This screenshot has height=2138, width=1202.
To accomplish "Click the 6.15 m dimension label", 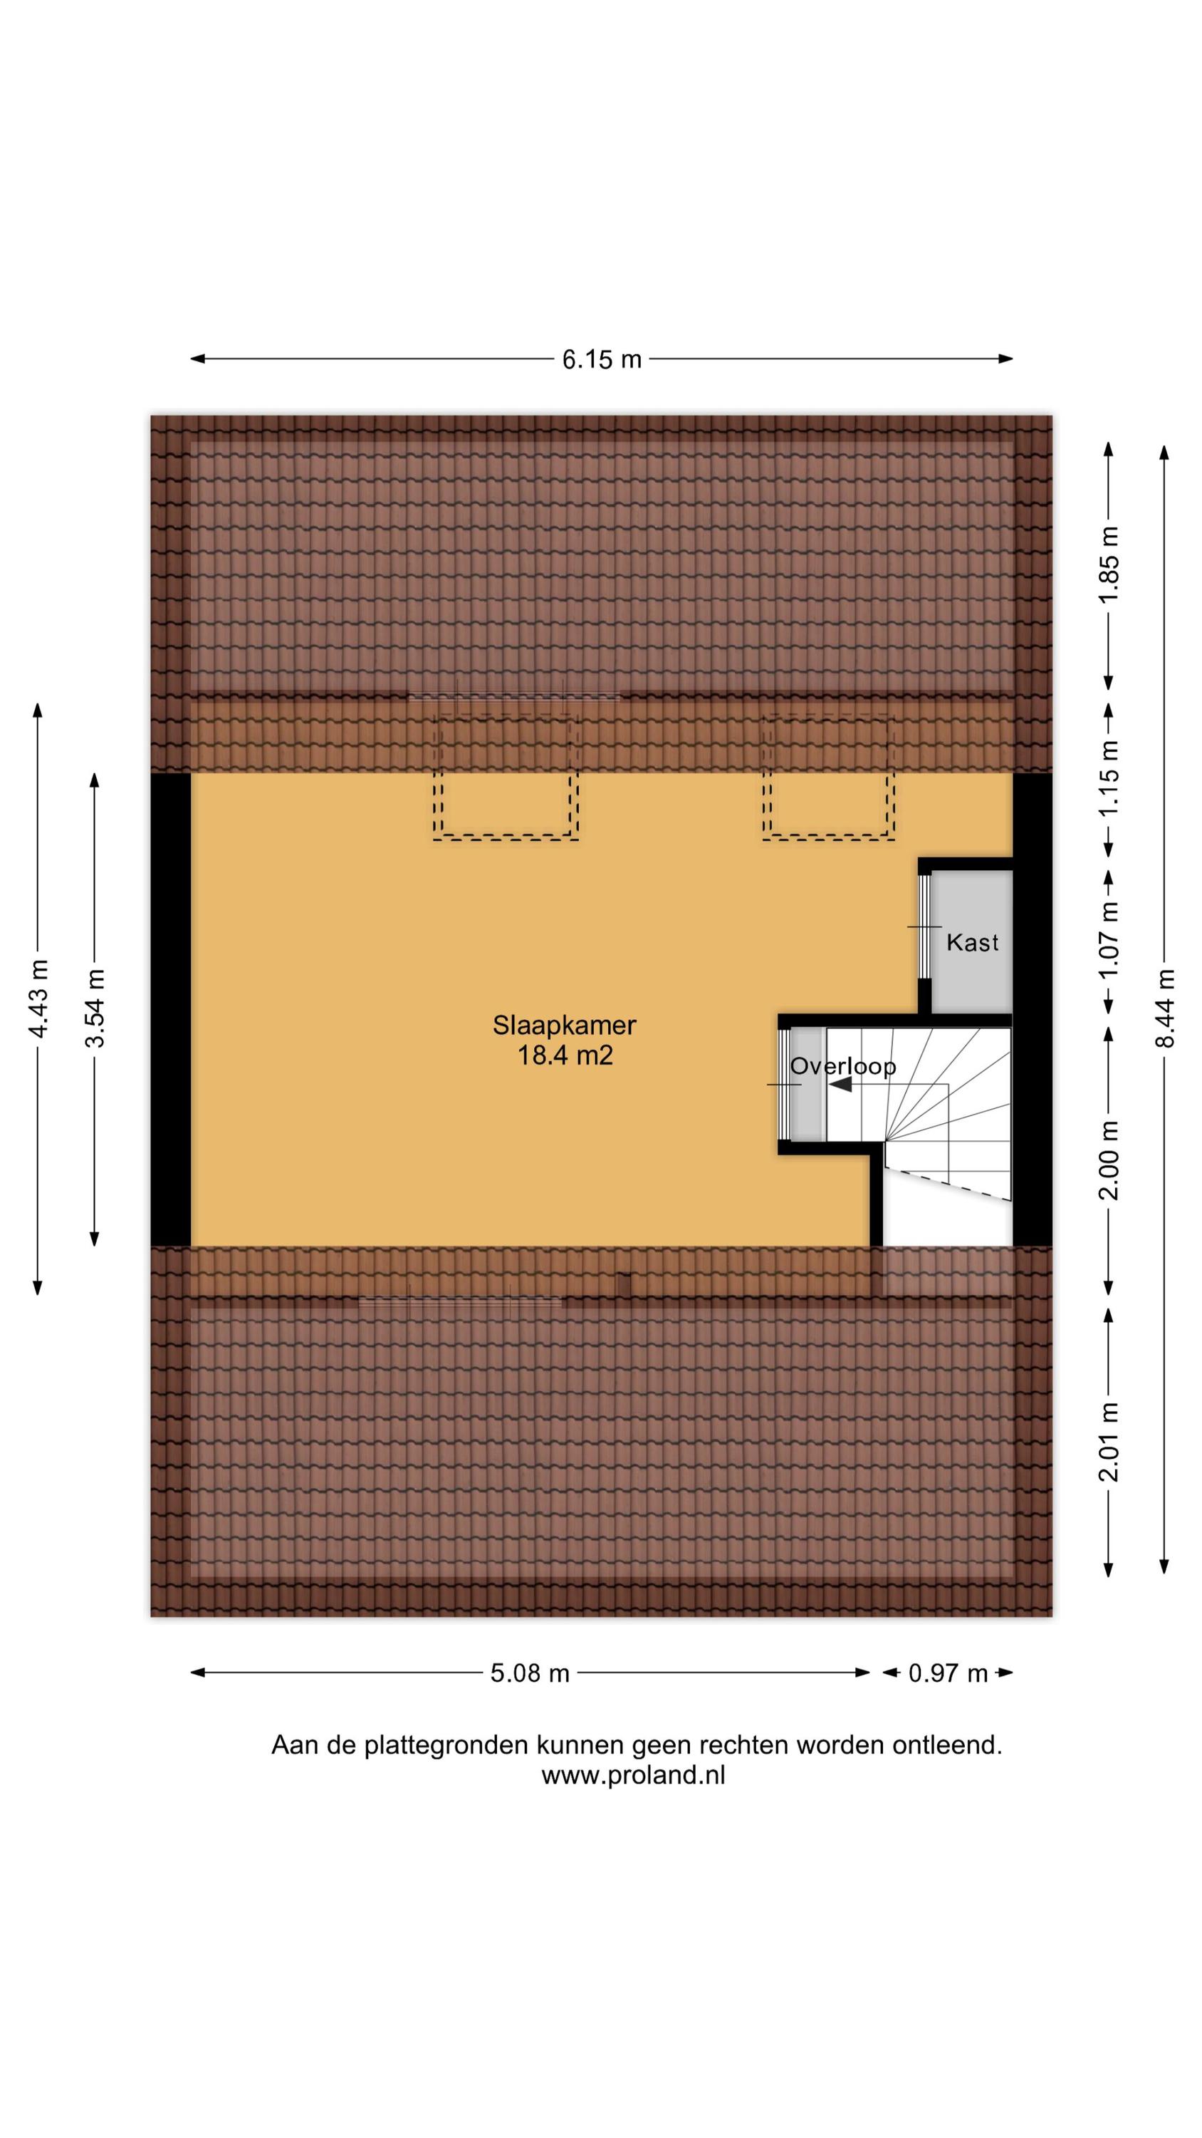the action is (x=602, y=359).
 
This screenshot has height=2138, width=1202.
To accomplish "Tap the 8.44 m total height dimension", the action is (x=1165, y=1008).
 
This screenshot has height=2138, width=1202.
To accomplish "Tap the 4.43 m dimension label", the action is (x=37, y=998).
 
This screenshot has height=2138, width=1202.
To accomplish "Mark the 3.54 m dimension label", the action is (x=95, y=1008).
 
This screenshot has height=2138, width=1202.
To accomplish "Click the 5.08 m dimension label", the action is (x=529, y=1673).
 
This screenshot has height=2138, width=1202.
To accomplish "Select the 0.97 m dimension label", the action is (x=947, y=1673).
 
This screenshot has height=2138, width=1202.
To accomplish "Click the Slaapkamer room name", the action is (x=564, y=1025).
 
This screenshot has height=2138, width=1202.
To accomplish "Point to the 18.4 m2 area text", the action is (x=565, y=1055).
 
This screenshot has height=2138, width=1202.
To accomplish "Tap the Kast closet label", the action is (x=972, y=943).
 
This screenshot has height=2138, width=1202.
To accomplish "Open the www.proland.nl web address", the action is (x=633, y=1775).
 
